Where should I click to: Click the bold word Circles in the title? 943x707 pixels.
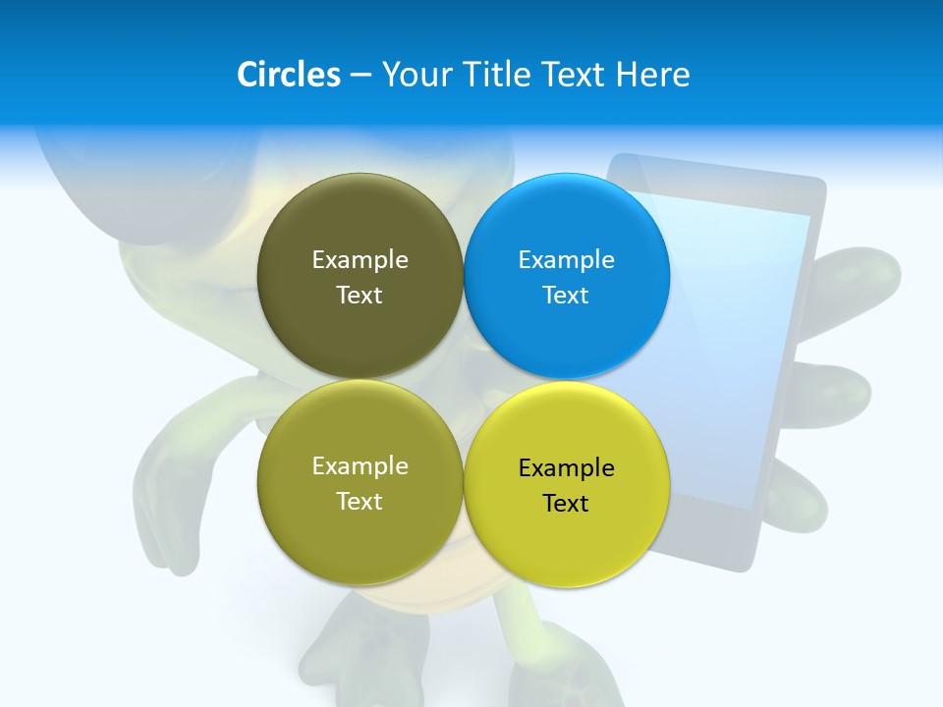click(x=289, y=75)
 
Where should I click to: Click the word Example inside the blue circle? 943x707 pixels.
click(x=567, y=259)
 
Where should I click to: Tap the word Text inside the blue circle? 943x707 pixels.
click(x=567, y=295)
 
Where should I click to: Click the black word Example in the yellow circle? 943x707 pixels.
click(x=567, y=467)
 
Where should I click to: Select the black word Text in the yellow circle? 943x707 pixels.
click(x=567, y=503)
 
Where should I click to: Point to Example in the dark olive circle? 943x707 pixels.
click(x=360, y=259)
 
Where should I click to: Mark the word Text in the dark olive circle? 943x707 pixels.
click(x=360, y=295)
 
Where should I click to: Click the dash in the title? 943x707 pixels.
click(x=361, y=76)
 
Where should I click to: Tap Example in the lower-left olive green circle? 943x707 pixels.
click(x=360, y=465)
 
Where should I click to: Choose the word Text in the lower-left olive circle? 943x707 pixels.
click(x=360, y=501)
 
